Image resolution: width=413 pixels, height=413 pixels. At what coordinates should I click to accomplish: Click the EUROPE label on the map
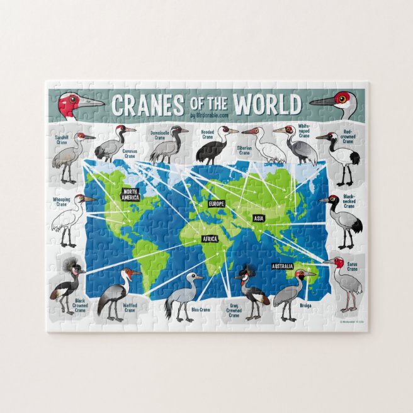click(x=217, y=204)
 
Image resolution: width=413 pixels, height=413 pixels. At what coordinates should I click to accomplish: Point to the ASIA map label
click(x=259, y=218)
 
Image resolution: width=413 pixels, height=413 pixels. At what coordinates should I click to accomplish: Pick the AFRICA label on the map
click(x=210, y=239)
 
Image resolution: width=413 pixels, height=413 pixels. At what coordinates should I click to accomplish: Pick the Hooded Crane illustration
click(x=213, y=147)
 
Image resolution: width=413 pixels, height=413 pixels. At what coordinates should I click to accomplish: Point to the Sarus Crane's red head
click(x=339, y=263)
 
